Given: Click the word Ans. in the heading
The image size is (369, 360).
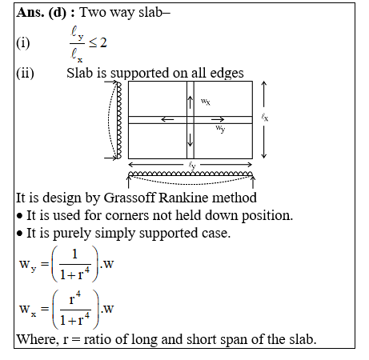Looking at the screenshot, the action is coord(30,12).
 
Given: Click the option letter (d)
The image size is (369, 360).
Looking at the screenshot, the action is coord(58,13).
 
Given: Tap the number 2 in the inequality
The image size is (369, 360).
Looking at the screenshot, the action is coord(103,42).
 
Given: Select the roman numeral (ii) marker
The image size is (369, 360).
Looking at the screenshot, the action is coord(25,73).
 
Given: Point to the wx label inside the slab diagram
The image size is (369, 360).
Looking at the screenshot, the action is coord(206,102).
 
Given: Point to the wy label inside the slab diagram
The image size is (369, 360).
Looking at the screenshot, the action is coord(220,129).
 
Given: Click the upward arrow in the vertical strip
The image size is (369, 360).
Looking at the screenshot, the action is coord(190,102).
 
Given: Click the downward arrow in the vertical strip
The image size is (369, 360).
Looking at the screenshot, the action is coord(190,140).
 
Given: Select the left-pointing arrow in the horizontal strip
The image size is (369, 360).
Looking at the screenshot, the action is coord(167,119).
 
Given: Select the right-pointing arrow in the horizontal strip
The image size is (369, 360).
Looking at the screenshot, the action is coord(218,119).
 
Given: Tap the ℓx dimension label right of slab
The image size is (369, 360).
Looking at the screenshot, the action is coord(265,117).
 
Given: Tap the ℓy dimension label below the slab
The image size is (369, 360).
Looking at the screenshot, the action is coord(192,165).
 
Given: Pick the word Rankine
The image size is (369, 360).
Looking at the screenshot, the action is coord(183,198).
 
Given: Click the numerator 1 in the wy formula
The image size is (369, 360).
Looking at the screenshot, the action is coord(74,254).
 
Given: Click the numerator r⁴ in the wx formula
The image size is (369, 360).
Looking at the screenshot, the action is coord(75,298).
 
